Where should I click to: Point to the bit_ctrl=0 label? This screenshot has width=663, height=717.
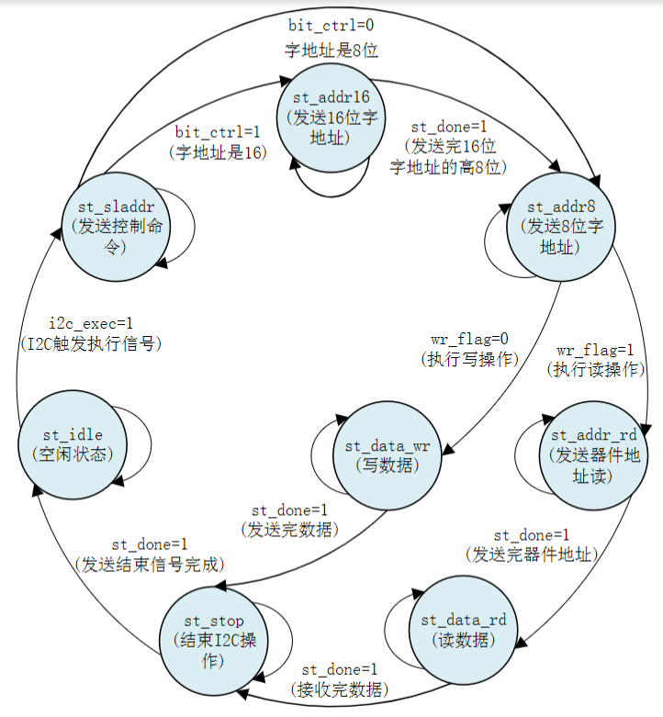(331, 24)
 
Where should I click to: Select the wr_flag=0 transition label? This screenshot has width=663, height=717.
(469, 341)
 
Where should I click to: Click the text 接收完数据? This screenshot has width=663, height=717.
(340, 689)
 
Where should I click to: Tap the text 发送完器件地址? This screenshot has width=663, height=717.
(532, 555)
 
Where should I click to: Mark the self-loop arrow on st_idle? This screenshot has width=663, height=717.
(137, 444)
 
